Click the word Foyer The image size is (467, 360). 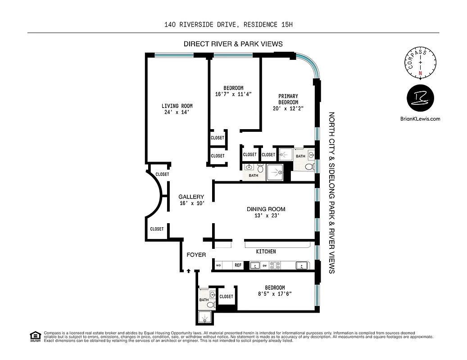tap(196, 255)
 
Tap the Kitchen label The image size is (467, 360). tap(266, 251)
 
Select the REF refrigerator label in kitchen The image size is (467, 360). tap(238, 265)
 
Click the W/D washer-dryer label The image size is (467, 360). tap(218, 265)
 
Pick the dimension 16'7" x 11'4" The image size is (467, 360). tap(233, 94)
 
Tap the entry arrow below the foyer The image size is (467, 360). tap(188, 271)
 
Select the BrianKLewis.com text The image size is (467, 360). tap(420, 119)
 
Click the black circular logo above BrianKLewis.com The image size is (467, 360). tap(420, 98)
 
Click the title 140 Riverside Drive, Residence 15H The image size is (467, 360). tap(229, 25)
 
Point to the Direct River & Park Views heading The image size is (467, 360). tap(233, 44)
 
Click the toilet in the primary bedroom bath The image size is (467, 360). tap(309, 166)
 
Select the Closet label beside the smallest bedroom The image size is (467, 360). tap(226, 297)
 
